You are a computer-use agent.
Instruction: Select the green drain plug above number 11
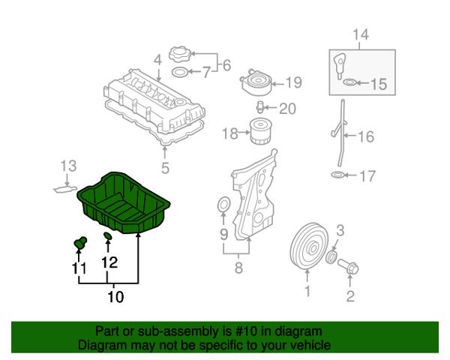click(x=80, y=244)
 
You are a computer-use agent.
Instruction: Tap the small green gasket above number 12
click(x=107, y=235)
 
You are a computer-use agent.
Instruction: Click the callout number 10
click(x=115, y=296)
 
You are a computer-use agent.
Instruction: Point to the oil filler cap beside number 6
click(x=179, y=54)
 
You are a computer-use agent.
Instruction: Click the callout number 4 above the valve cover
click(x=157, y=60)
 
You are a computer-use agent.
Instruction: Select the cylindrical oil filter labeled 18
click(x=260, y=131)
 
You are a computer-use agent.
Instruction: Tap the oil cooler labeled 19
click(x=256, y=82)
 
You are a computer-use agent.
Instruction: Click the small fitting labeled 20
click(x=259, y=106)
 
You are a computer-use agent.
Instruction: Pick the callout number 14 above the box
click(x=361, y=34)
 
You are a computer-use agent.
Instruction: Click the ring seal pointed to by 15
click(x=349, y=82)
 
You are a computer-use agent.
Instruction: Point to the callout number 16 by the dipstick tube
click(x=366, y=136)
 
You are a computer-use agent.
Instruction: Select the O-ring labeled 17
click(x=337, y=174)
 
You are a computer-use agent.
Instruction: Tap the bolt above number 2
click(x=348, y=265)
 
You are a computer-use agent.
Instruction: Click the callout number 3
click(x=340, y=230)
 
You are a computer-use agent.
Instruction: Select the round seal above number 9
click(x=223, y=205)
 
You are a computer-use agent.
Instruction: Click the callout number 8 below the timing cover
click(x=238, y=268)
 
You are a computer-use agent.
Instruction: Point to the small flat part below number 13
click(x=65, y=190)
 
